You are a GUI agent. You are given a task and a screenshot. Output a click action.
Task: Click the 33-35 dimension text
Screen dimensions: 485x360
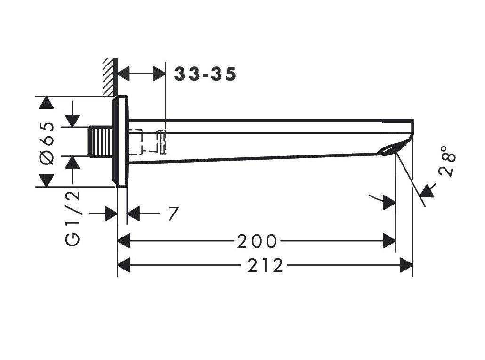tap(205, 74)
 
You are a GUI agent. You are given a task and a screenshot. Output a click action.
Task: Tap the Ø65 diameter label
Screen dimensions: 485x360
tap(47, 143)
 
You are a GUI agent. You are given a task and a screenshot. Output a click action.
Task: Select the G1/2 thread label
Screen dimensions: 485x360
tap(73, 219)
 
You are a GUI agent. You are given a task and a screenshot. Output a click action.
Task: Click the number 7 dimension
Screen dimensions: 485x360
tap(174, 213)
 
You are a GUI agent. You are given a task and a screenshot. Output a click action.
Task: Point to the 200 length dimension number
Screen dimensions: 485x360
tap(257, 241)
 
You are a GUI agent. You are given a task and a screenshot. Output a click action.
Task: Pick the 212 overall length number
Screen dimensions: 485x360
tap(265, 265)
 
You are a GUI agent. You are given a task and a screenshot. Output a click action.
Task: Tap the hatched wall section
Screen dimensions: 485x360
tap(110, 77)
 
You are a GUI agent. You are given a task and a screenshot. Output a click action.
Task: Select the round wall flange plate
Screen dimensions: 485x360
tap(120, 141)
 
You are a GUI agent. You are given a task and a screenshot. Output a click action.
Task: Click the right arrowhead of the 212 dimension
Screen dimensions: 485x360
tap(406, 265)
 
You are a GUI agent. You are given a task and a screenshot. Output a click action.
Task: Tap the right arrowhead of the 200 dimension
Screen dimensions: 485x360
tap(389, 241)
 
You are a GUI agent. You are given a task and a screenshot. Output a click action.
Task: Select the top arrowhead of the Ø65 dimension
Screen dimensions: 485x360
tap(47, 103)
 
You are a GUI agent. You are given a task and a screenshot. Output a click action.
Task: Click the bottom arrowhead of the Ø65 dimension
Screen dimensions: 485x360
tap(47, 180)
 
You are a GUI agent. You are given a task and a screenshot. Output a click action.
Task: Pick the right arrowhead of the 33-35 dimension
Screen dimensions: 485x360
tap(160, 74)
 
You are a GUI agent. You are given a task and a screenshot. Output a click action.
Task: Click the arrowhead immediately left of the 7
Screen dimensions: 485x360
tap(133, 213)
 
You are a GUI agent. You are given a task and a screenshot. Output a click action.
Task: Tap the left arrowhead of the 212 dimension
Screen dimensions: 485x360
tap(124, 265)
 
